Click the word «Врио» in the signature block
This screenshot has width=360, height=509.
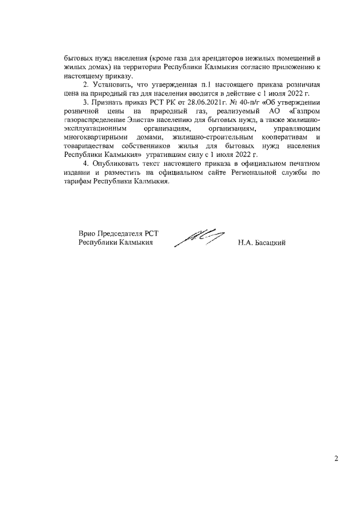(x=87, y=234)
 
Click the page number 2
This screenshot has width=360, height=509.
(x=336, y=459)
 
